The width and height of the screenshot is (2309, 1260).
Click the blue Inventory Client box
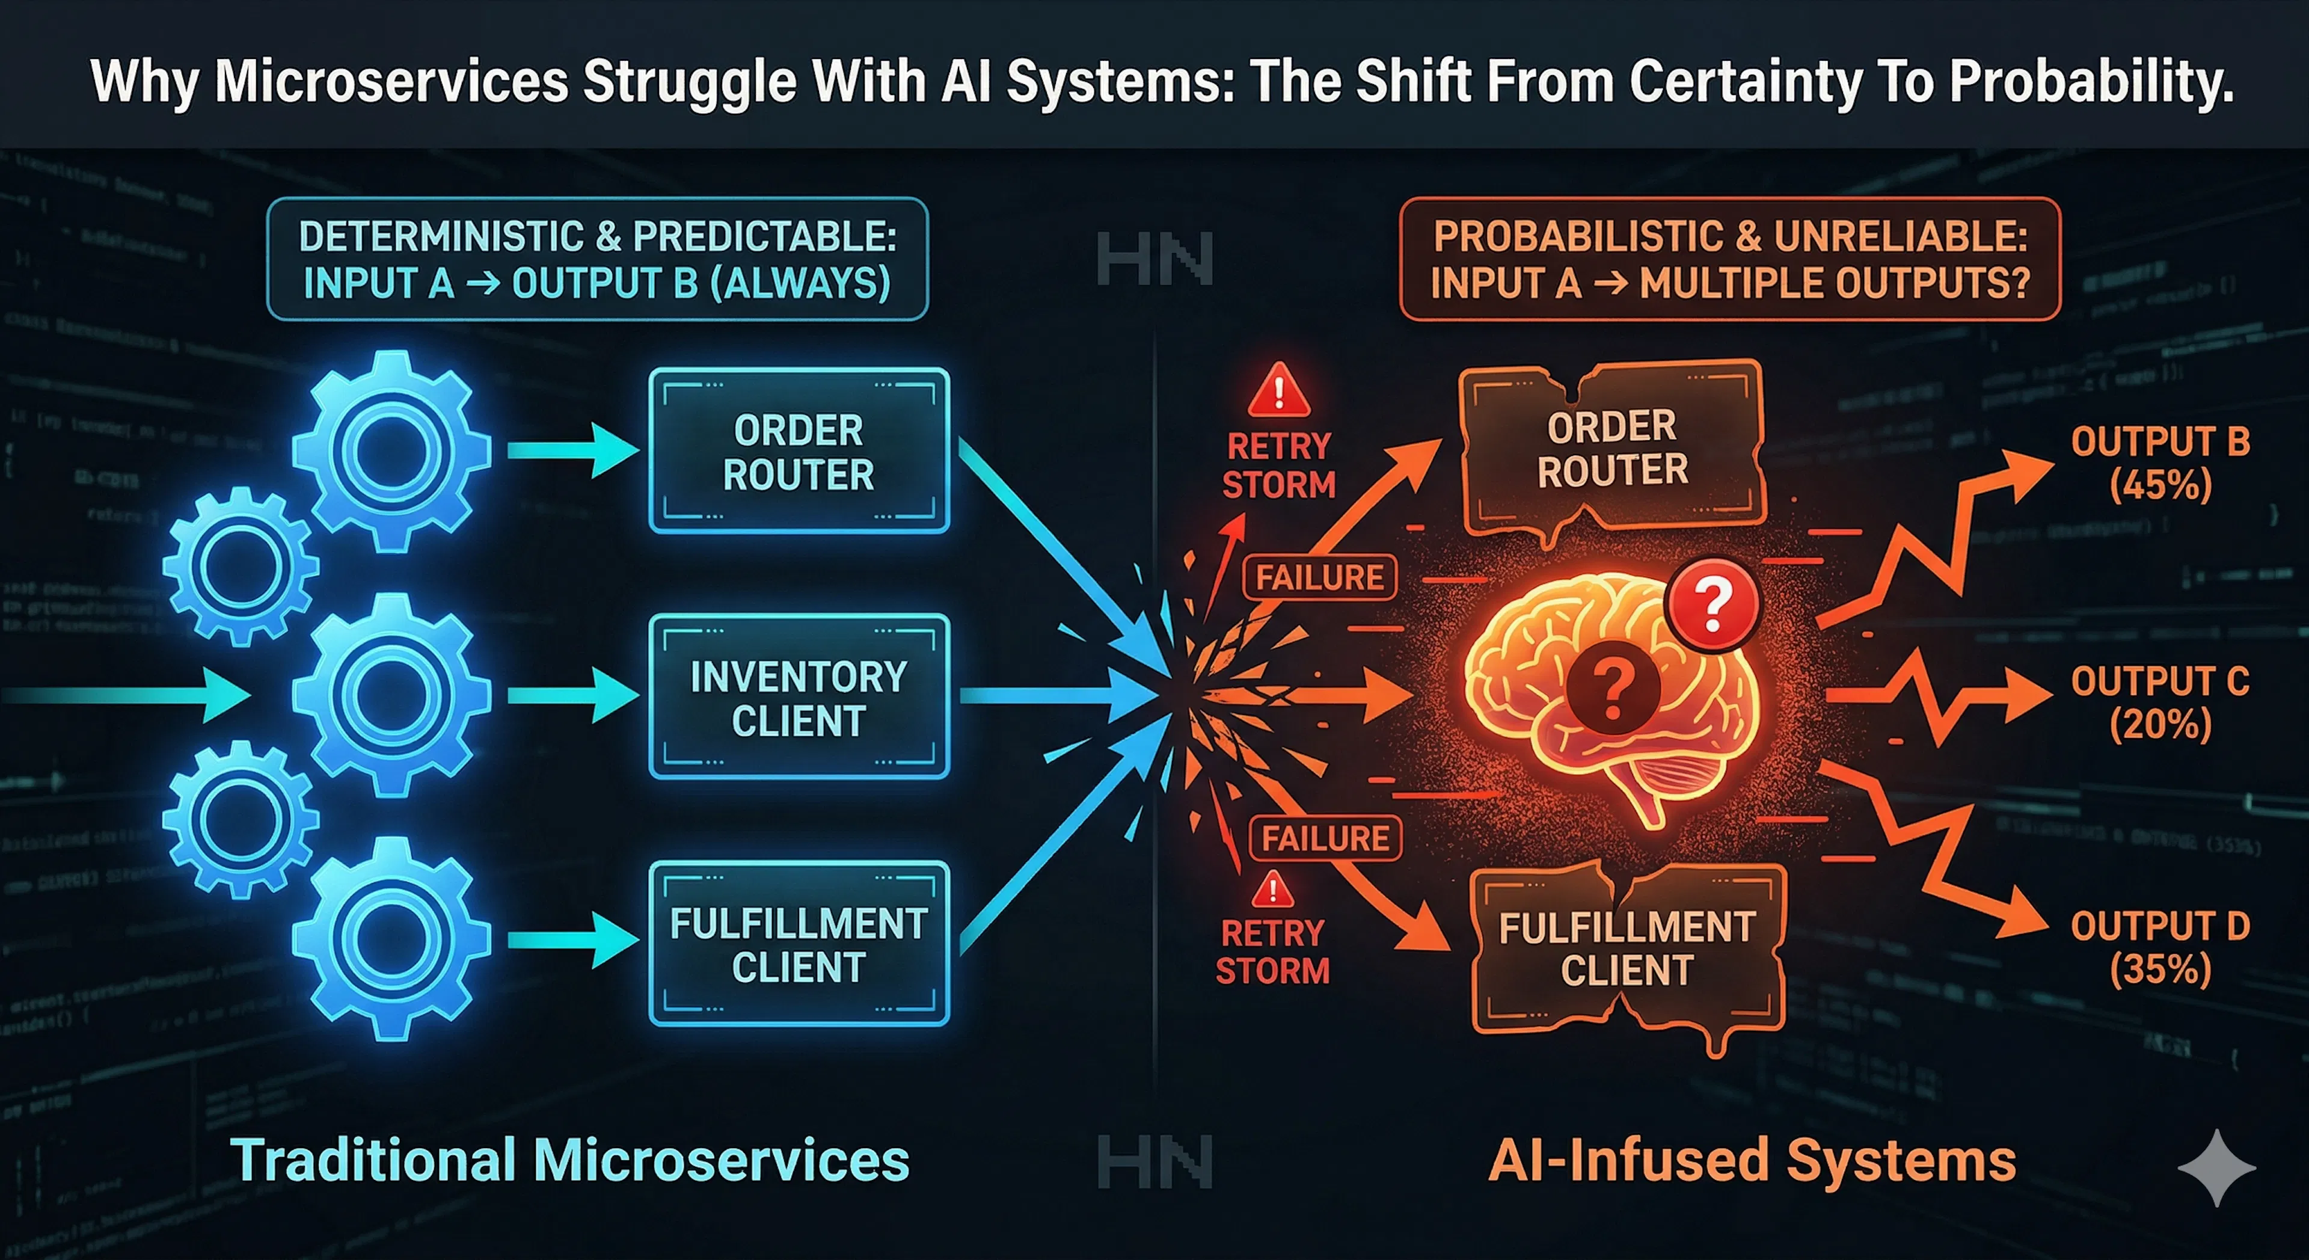[798, 697]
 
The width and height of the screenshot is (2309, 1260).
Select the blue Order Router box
[798, 451]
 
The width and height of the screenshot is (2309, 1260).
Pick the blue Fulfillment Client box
[798, 944]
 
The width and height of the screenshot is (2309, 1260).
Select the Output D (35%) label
[2160, 947]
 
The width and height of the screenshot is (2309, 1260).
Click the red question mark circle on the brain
[1712, 604]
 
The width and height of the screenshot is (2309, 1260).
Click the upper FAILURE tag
[1319, 577]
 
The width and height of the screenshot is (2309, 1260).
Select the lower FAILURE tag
[1325, 838]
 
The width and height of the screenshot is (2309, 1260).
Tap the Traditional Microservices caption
[570, 1160]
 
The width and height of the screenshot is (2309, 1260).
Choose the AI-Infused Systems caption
[1752, 1160]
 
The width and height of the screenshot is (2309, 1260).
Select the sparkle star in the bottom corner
[2216, 1167]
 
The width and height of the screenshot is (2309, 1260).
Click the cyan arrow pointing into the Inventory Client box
[574, 696]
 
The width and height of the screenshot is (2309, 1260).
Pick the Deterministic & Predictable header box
[597, 259]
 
